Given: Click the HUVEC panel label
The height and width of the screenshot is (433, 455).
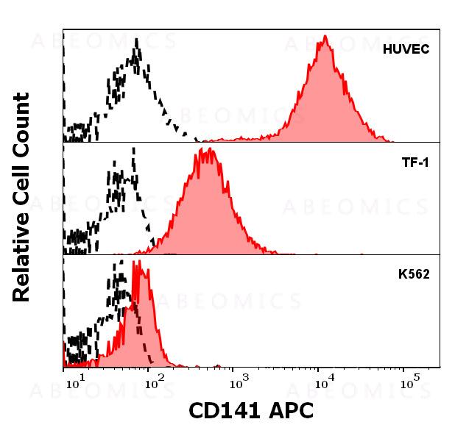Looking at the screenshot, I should point(407,49).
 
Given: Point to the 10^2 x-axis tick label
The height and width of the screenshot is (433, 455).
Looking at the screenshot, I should point(154,383).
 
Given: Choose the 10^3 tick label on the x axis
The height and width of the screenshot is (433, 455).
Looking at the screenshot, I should point(238,383).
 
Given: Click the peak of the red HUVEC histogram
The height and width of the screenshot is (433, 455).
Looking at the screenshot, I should point(325,36).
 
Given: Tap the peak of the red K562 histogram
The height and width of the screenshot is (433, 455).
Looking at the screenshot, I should point(135,262).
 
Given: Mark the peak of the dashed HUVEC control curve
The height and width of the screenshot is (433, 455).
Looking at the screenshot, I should point(136,40).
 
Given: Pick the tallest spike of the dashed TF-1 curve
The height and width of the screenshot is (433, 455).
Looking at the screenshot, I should point(133,148).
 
